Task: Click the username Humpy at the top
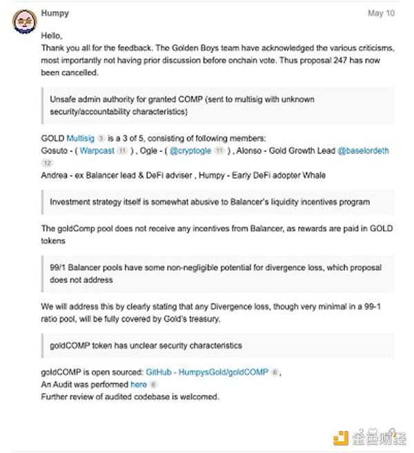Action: point(54,13)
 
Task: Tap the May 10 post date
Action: point(381,13)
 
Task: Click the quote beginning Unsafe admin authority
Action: point(214,106)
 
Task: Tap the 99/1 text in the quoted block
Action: point(59,267)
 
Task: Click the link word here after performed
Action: point(138,384)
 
